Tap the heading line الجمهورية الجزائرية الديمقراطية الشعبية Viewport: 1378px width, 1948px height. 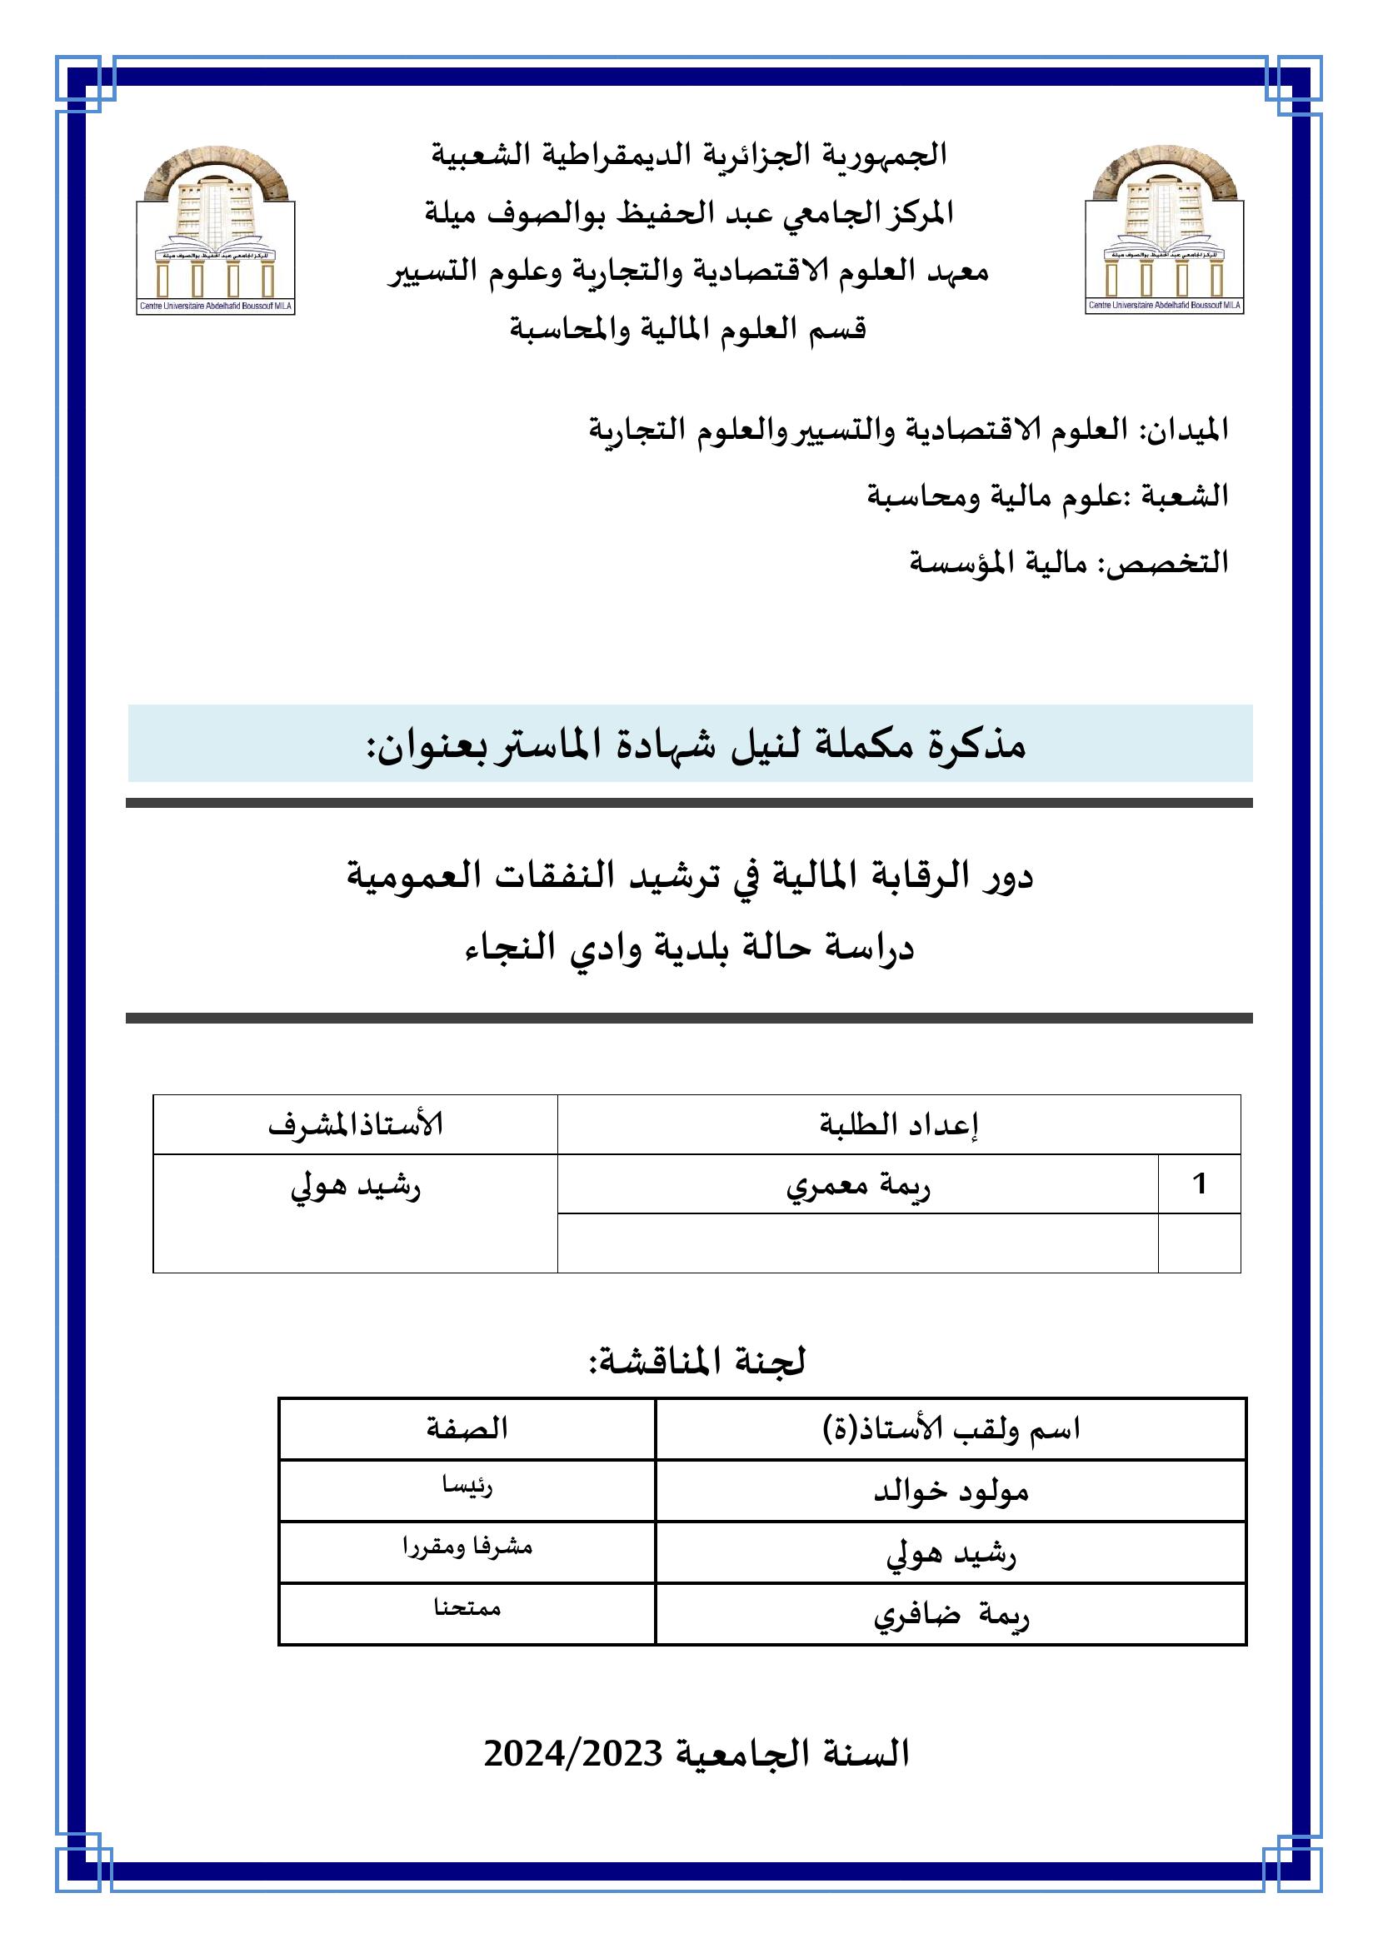tap(689, 155)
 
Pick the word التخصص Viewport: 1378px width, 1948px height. tap(1174, 561)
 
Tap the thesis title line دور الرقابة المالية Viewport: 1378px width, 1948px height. tap(689, 876)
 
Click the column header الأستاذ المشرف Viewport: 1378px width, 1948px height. tap(356, 1125)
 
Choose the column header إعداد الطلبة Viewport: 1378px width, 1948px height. tap(899, 1125)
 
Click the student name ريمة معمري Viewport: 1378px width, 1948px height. tap(858, 1186)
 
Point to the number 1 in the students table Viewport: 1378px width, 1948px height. tap(1199, 1184)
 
